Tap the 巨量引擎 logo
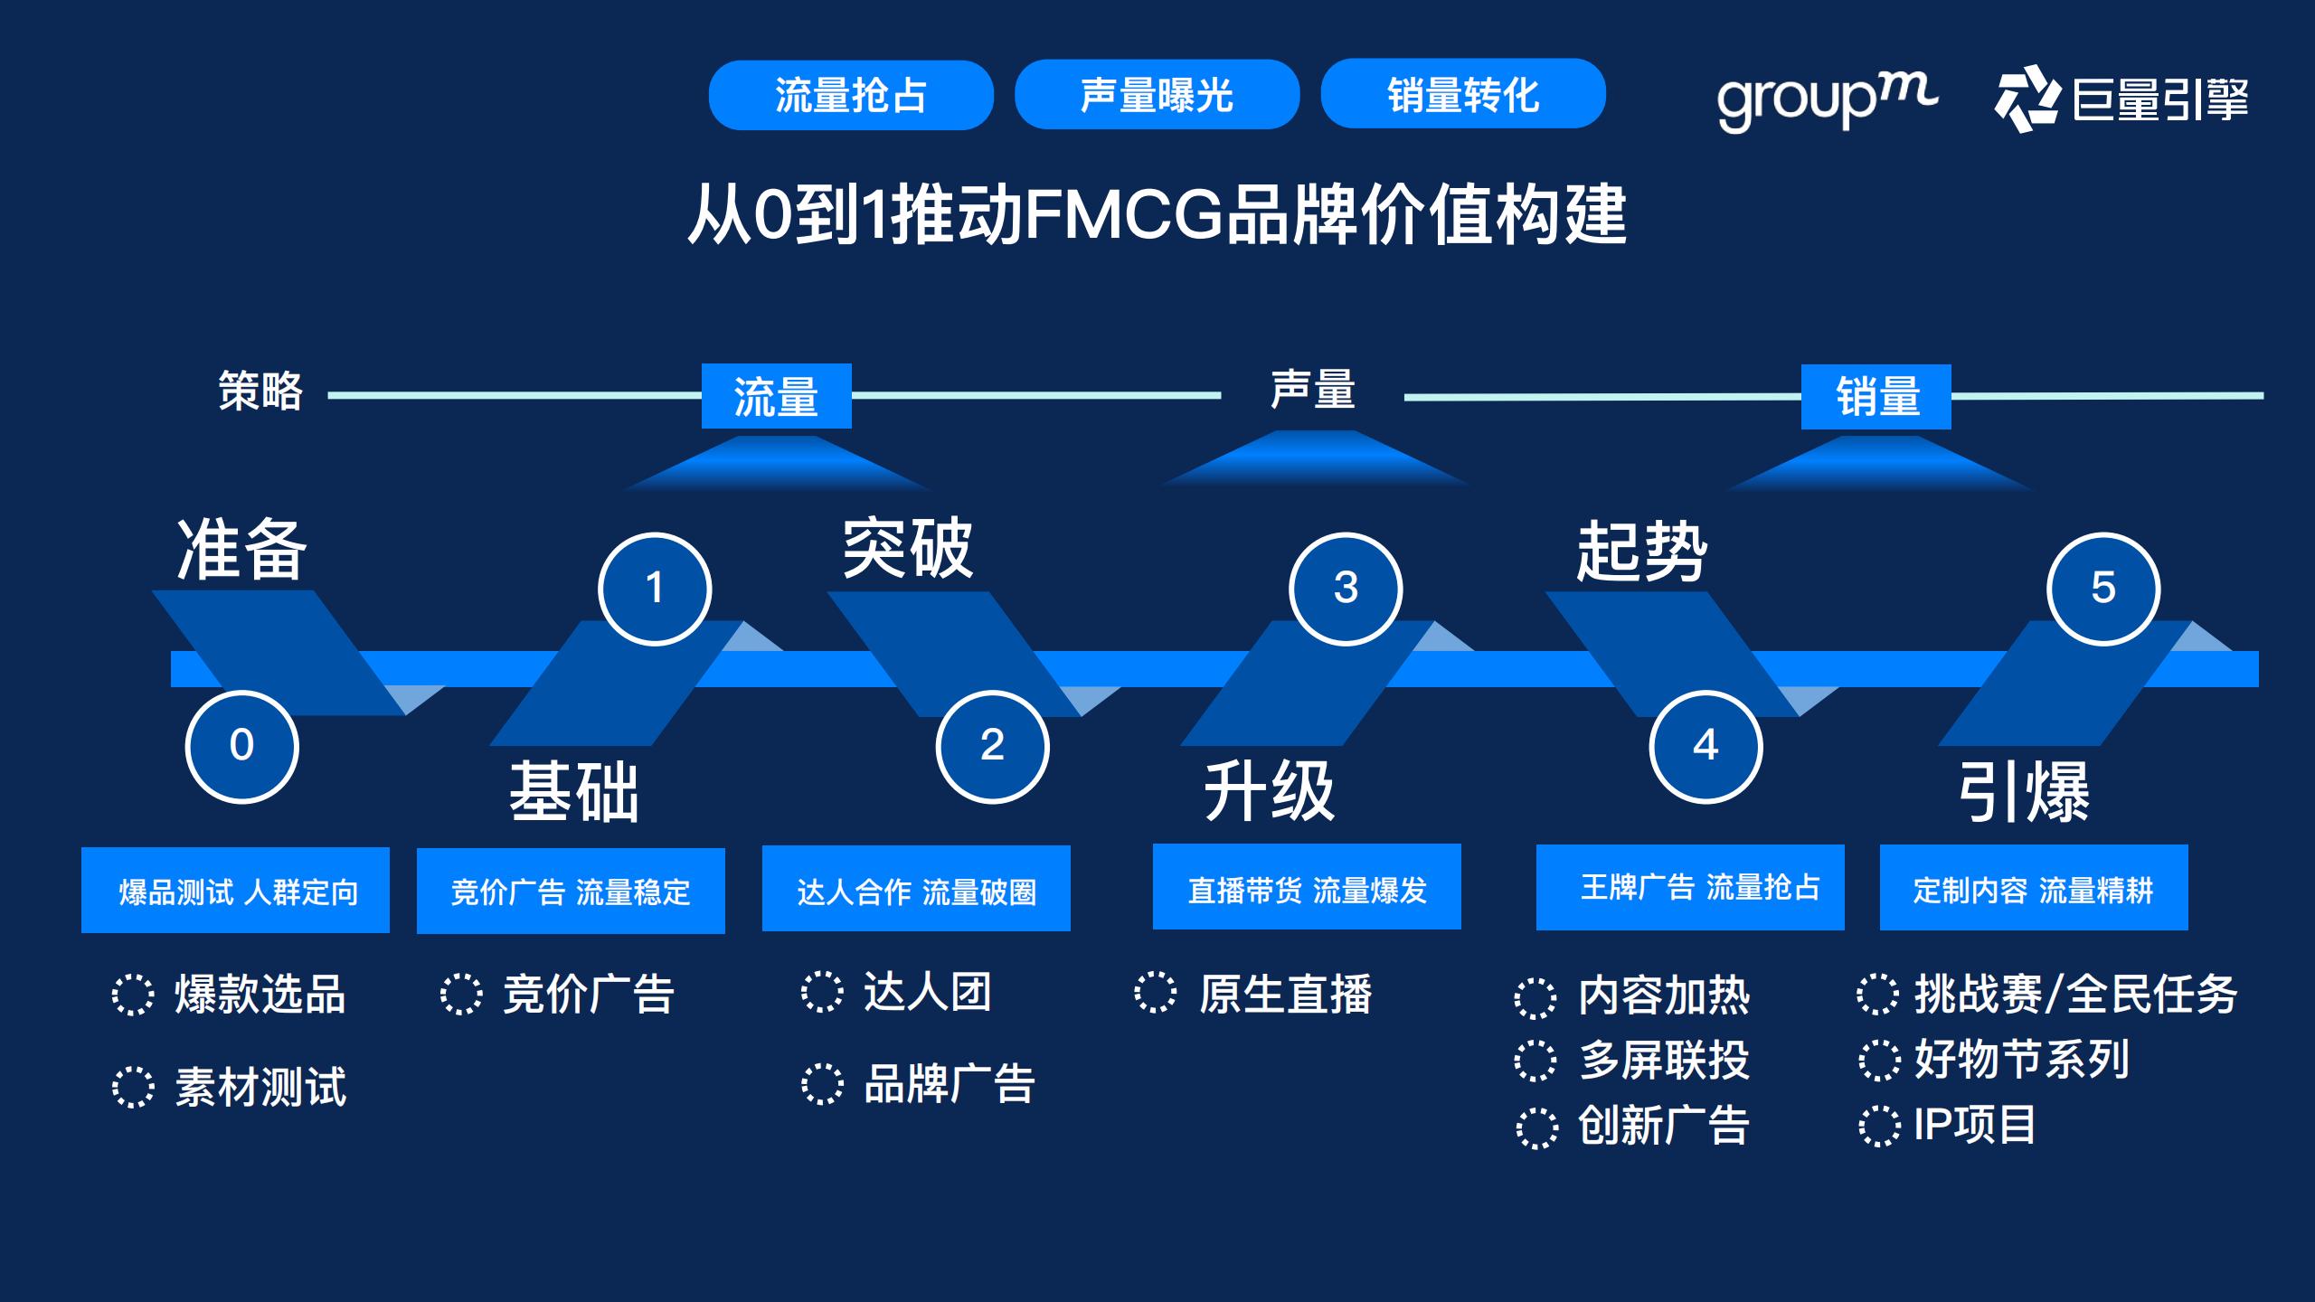[2121, 99]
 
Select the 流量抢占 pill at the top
[851, 95]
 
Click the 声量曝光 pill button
[1157, 95]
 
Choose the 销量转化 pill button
[1463, 94]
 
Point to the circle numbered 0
[241, 746]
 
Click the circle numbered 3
[1346, 589]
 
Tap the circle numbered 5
[2103, 589]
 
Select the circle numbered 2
[992, 746]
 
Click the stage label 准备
[241, 550]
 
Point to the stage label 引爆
[2024, 792]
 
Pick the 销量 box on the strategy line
[1876, 397]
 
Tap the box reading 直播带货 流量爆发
[1307, 888]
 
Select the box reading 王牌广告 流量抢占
[1690, 888]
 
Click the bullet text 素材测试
[260, 1087]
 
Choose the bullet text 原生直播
[1285, 994]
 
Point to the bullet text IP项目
[1974, 1126]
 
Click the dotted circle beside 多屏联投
[1535, 1061]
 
